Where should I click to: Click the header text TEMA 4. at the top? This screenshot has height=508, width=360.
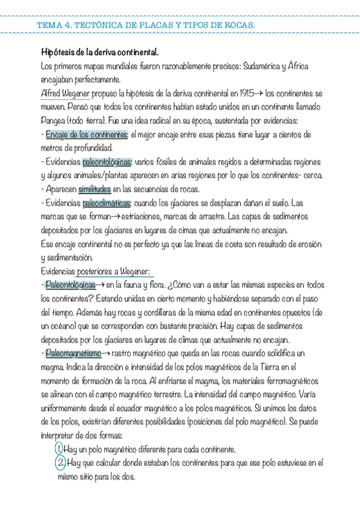tap(55, 25)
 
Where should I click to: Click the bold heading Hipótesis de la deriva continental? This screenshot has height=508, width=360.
tap(99, 52)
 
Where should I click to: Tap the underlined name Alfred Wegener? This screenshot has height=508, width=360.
tap(65, 93)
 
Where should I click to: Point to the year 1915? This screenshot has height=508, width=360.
tap(246, 93)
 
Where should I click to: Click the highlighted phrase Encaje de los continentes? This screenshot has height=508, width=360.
tap(87, 134)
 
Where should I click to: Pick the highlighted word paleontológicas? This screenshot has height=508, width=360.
tap(107, 162)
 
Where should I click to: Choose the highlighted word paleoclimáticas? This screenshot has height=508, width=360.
tap(107, 203)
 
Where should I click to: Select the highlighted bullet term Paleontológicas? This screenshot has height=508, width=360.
tap(70, 285)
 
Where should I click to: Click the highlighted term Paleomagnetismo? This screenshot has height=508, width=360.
tap(73, 353)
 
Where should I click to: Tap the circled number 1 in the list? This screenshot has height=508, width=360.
tap(59, 449)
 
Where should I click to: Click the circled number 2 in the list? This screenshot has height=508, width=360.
tap(60, 463)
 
